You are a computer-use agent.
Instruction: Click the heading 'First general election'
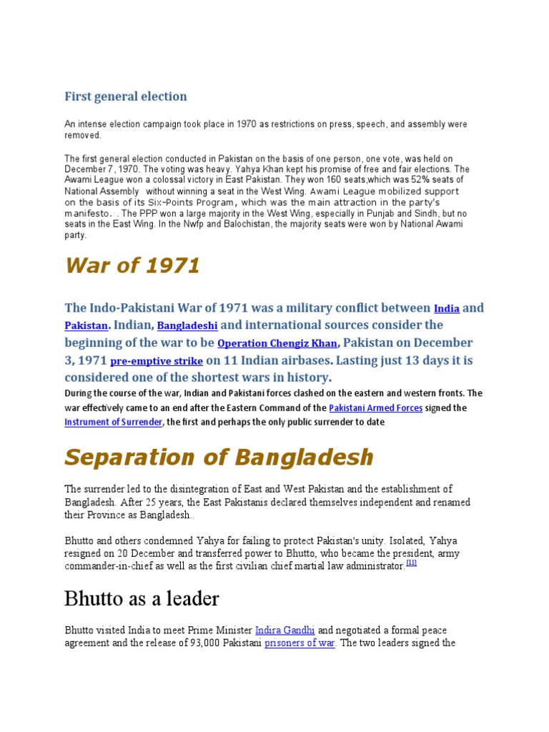coord(126,97)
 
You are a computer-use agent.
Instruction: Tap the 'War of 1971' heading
coord(132,266)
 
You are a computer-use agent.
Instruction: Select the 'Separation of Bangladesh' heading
coord(219,457)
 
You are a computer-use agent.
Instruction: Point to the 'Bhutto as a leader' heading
coord(142,598)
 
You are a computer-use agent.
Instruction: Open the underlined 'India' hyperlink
coord(447,309)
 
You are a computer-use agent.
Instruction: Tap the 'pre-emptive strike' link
coord(156,361)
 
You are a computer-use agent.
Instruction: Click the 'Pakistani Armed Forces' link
coord(376,408)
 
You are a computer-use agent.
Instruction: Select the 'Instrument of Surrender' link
coord(114,422)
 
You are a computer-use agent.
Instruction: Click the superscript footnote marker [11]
coord(411,563)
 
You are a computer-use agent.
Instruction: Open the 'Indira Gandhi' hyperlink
coord(285,630)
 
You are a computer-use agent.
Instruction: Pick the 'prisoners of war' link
coord(300,643)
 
